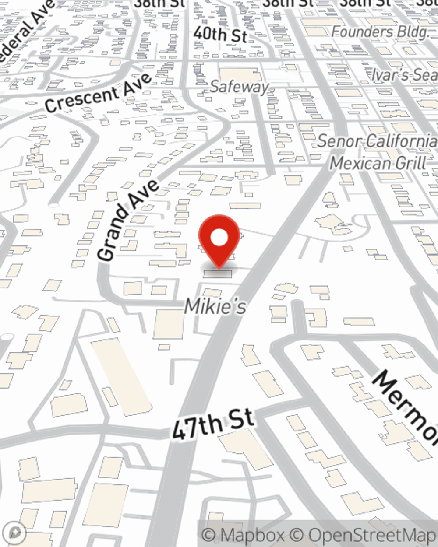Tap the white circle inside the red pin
[219, 238]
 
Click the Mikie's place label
[215, 306]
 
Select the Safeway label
[239, 87]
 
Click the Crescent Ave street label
[98, 93]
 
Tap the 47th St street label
[213, 424]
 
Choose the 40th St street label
[220, 34]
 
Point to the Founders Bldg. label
[379, 32]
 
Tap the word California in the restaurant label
[401, 141]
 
